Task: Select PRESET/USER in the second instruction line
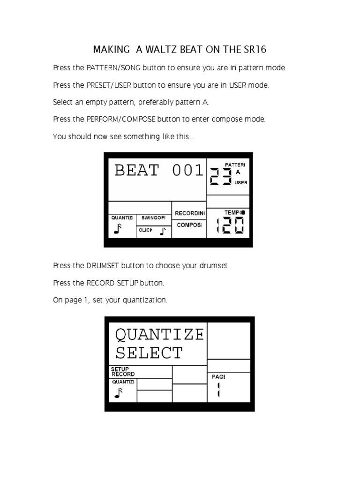[x=109, y=85]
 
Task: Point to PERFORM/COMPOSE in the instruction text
[x=121, y=119]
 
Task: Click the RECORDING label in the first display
[x=190, y=213]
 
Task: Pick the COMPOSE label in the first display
[x=189, y=225]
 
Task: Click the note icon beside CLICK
[x=163, y=231]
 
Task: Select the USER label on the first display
[x=240, y=182]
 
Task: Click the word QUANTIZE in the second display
[x=159, y=334]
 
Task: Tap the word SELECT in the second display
[x=149, y=352]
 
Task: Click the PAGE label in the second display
[x=218, y=376]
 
